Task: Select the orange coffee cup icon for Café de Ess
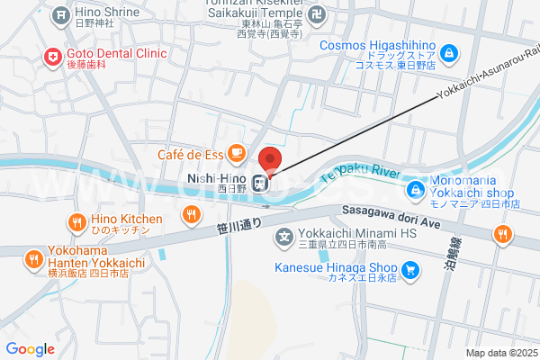(236, 154)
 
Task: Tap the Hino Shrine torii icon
(59, 14)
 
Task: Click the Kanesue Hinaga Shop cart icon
(409, 268)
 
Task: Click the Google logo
(30, 348)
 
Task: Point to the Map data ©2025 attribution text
(499, 353)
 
